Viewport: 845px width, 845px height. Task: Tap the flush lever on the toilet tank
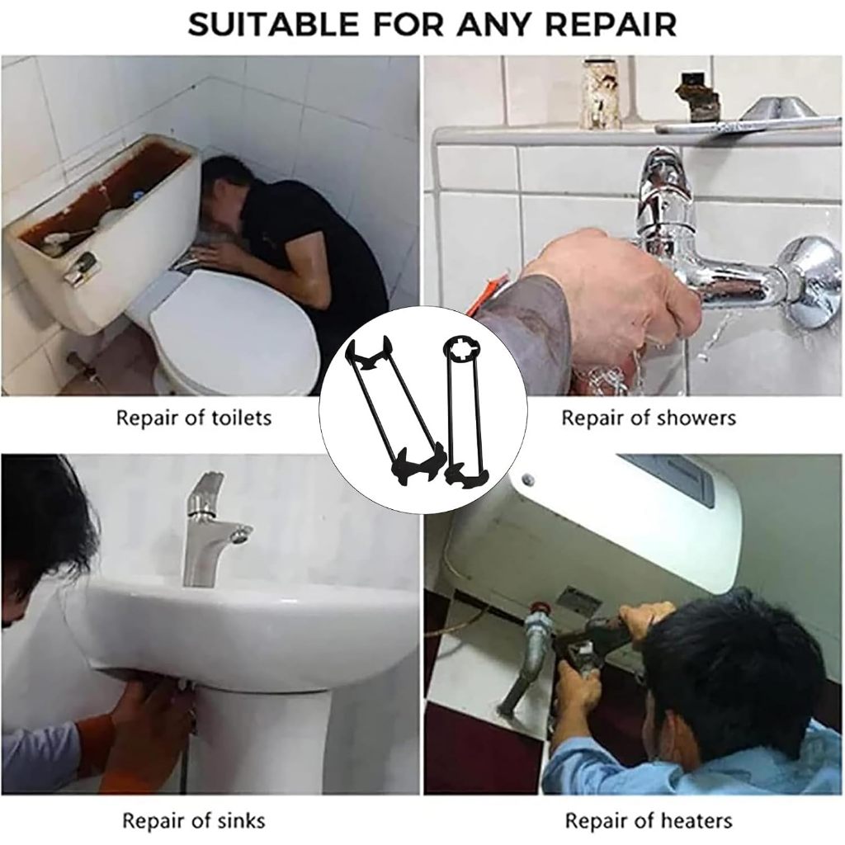coord(80,268)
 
